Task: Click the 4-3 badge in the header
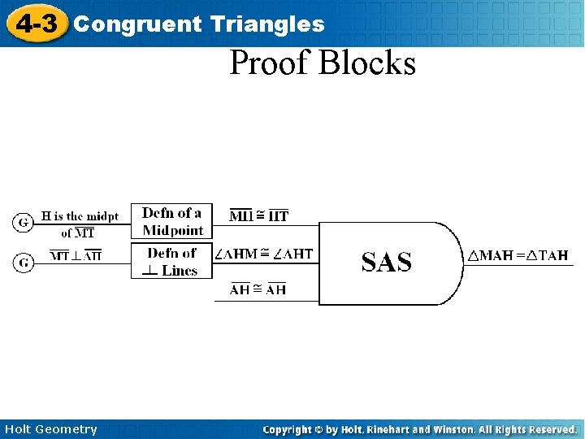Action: coord(36,24)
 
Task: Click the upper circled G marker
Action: coord(24,221)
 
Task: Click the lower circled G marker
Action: coord(24,262)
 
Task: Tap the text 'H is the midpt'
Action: coord(80,216)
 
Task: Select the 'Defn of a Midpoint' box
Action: coord(172,221)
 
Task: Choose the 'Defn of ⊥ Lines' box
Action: coord(172,262)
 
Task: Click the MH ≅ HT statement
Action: coord(259,215)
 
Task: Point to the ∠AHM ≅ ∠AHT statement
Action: coord(263,254)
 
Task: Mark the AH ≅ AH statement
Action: coord(258,289)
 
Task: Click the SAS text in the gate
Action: coord(386,262)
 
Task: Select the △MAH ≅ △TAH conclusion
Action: coord(518,255)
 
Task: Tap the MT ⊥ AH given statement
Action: coord(76,256)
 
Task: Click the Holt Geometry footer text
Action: coord(50,429)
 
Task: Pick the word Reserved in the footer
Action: coord(551,429)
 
